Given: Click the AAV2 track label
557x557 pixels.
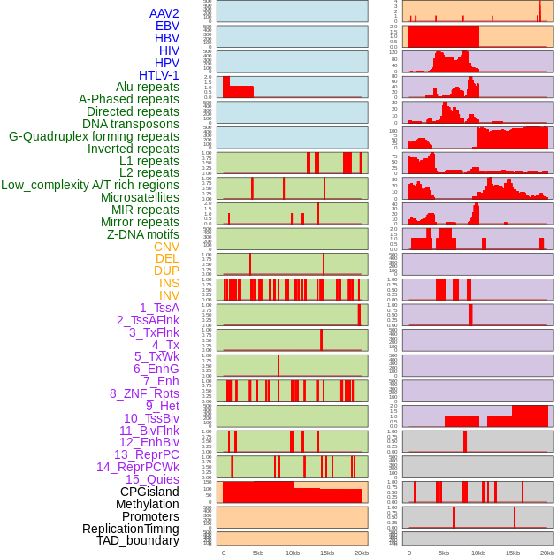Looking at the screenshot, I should click(x=164, y=13).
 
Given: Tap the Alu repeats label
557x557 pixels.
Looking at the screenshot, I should click(x=148, y=87).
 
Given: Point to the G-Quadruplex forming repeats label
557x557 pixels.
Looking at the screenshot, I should click(x=94, y=136).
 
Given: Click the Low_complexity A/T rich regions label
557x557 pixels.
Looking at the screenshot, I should click(x=90, y=185).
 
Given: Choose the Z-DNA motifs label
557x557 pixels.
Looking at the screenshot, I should click(x=143, y=234).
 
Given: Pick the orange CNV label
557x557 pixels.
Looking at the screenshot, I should click(x=166, y=247).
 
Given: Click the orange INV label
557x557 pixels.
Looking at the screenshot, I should click(x=169, y=295).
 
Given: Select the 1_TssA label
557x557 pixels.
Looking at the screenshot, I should click(x=159, y=308).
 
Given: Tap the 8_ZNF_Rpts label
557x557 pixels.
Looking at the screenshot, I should click(x=144, y=393).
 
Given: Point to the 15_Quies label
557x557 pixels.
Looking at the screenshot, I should click(x=152, y=479).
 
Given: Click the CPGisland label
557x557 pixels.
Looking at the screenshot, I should click(x=149, y=492).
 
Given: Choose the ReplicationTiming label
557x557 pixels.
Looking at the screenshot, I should click(x=131, y=529).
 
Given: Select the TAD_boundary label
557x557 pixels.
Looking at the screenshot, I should click(x=138, y=540).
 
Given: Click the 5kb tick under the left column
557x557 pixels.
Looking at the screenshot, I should click(x=258, y=553).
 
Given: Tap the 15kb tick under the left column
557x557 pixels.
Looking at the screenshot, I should click(x=327, y=553).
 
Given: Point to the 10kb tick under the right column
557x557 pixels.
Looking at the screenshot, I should click(x=478, y=553).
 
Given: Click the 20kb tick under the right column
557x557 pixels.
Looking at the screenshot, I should click(x=547, y=553).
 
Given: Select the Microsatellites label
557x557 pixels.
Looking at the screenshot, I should click(x=140, y=197).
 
